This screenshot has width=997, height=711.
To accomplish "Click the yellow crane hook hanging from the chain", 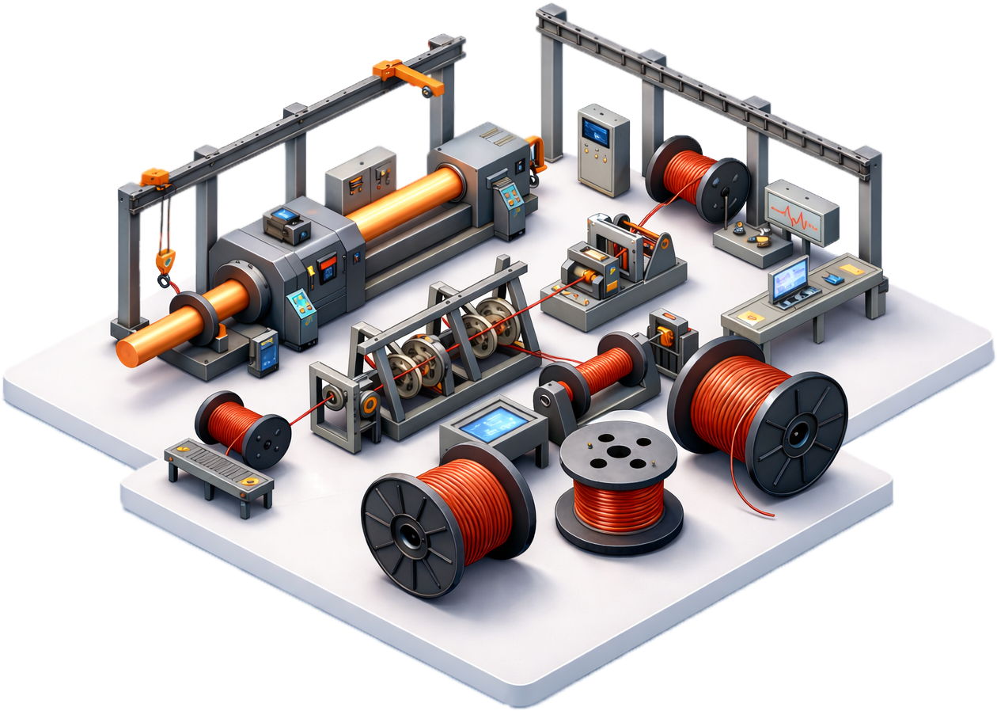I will [165, 260].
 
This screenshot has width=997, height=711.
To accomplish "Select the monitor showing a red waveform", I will [801, 210].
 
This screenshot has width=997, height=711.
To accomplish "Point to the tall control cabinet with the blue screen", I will [604, 149].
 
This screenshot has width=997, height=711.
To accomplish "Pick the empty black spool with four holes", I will [618, 451].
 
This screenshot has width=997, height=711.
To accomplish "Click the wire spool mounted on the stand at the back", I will [697, 177].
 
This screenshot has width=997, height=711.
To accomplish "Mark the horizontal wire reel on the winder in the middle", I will [601, 372].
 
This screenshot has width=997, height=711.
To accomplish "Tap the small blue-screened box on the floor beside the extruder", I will [263, 352].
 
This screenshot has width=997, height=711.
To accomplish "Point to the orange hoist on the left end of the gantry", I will [155, 177].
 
